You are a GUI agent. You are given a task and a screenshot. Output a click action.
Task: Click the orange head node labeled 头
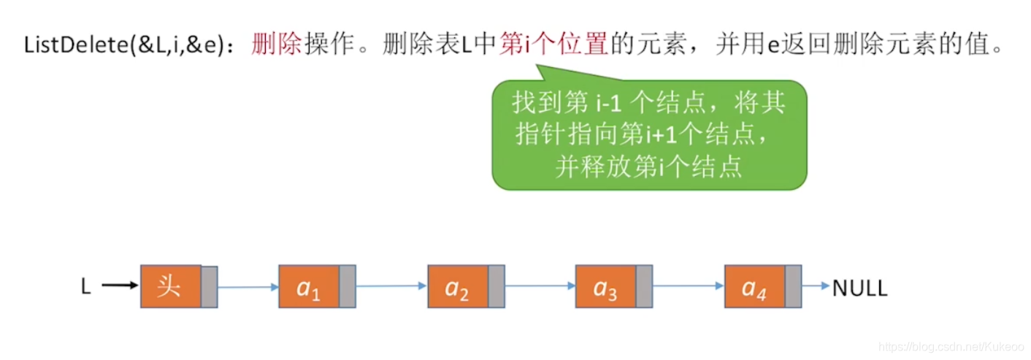tap(170, 286)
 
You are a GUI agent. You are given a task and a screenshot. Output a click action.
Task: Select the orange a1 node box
tap(309, 286)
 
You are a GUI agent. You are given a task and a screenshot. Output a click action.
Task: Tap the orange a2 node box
tap(458, 286)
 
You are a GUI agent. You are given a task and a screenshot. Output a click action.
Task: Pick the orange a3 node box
tap(605, 286)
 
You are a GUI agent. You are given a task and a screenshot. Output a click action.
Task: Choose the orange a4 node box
tap(754, 286)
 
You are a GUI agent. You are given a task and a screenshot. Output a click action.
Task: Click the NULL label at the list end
tap(860, 288)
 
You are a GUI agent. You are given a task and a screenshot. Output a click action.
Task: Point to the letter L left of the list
tap(85, 288)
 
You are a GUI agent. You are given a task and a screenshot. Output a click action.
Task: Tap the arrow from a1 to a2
tap(391, 286)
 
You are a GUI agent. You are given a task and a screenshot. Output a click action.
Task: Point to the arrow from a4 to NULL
tap(816, 286)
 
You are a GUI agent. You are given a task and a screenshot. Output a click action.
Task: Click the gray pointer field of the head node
tap(209, 286)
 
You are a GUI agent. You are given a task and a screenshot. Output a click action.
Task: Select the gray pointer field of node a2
tap(497, 286)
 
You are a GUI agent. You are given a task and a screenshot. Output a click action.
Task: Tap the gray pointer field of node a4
tap(793, 286)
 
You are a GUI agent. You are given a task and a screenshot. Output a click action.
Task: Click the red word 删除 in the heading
tap(277, 45)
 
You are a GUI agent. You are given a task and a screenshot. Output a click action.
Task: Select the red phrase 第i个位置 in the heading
tap(554, 45)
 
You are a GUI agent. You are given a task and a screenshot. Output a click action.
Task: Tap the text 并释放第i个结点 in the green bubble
tap(648, 167)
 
